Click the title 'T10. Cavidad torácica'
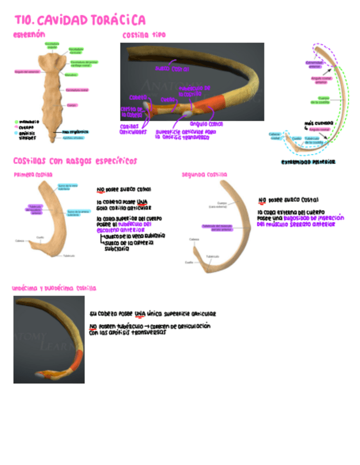(x=80, y=21)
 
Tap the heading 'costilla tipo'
(x=144, y=35)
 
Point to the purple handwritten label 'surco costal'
(x=172, y=69)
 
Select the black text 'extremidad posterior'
(x=308, y=162)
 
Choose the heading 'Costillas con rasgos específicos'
(x=75, y=161)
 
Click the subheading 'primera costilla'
(x=33, y=174)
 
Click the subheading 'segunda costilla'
(x=204, y=174)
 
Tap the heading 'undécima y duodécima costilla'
(x=54, y=288)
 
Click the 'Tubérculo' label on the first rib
(x=69, y=256)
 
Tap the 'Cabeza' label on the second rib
(x=194, y=240)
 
